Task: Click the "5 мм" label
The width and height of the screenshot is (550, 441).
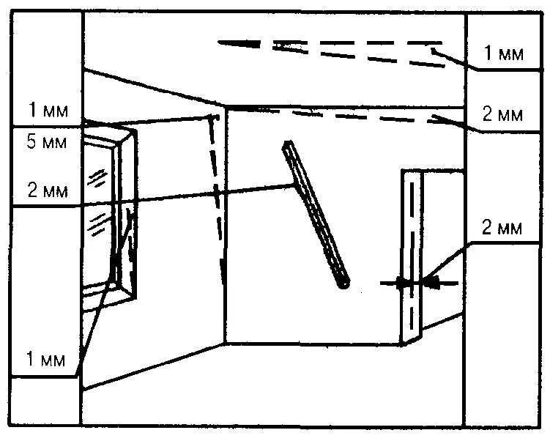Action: pos(46,143)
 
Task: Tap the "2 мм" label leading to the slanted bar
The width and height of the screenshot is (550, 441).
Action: pos(46,191)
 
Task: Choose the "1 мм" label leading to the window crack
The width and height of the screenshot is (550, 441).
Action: pos(46,360)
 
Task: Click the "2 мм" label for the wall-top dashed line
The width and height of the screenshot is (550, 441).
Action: pos(502,115)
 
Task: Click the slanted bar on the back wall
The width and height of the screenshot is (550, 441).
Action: pos(316,213)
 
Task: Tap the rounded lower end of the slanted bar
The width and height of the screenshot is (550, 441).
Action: pos(343,281)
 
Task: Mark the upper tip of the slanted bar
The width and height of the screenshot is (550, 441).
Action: pos(289,145)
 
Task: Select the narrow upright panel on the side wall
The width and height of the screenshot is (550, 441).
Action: pos(412,256)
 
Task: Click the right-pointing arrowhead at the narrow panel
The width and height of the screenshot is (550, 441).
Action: pos(401,282)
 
